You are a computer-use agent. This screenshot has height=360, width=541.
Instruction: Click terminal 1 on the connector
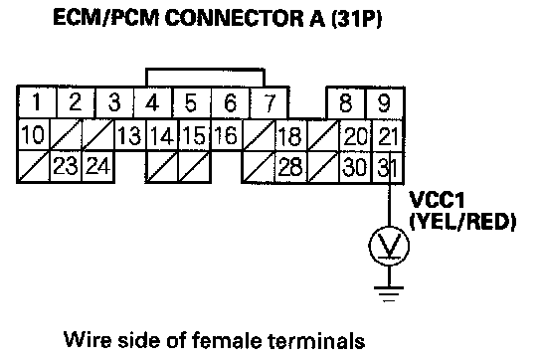coord(37,102)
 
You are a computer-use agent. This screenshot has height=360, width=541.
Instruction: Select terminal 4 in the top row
coord(152,102)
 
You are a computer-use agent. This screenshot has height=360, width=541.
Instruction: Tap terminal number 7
coord(269,102)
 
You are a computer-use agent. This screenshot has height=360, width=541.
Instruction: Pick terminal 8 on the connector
coord(346,102)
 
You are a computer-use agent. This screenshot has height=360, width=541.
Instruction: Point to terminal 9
coord(384,102)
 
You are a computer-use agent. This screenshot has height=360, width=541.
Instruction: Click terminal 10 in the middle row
coord(34,135)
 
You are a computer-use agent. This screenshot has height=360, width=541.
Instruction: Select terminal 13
coord(130,135)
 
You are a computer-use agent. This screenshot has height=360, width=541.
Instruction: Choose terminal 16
coord(227,135)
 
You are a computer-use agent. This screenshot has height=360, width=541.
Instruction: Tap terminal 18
coord(290,135)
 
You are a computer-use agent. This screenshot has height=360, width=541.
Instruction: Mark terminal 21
coord(388,135)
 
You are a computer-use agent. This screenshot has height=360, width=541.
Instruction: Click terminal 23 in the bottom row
coord(66,167)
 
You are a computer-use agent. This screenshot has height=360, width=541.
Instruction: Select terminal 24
coord(98,167)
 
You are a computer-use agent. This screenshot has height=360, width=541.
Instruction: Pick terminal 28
coord(290,167)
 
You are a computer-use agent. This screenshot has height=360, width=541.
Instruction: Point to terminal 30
coord(355,167)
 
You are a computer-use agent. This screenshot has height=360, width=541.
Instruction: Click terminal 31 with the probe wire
coord(388,167)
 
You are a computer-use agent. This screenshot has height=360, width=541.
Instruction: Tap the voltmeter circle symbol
coord(389,227)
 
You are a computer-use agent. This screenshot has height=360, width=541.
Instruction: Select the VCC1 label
coord(437,200)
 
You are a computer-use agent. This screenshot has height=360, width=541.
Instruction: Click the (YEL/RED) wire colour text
coord(462,222)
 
